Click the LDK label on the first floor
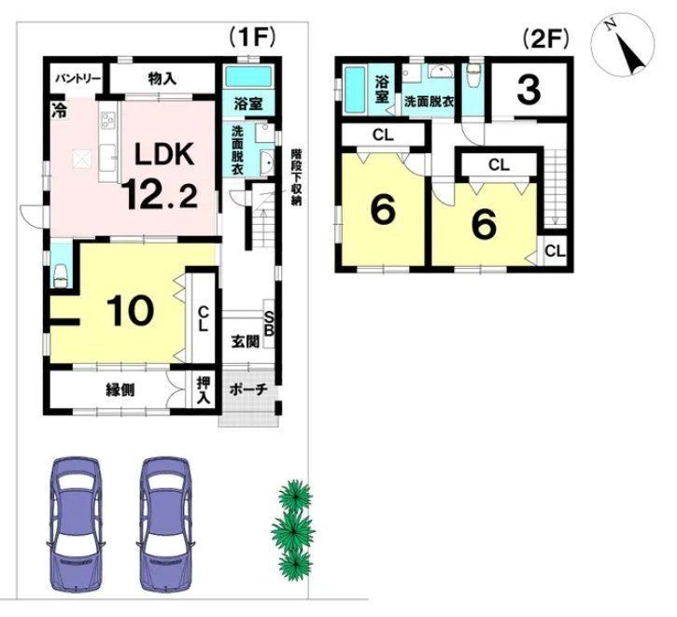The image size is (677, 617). [163, 154]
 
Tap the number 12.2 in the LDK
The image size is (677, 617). [160, 195]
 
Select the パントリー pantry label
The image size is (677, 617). [78, 78]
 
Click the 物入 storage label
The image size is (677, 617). [162, 78]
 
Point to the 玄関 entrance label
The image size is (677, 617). [246, 342]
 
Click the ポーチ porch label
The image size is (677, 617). [248, 389]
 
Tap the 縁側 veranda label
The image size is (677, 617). [120, 390]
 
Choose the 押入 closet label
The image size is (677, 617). [204, 389]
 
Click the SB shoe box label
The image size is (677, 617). [269, 324]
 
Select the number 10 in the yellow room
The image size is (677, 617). [130, 311]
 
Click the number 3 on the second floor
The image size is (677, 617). [529, 91]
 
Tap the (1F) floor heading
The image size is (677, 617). [252, 37]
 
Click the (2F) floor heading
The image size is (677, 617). [545, 39]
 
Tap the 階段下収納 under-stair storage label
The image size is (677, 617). [296, 177]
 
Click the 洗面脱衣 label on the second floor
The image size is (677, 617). [429, 103]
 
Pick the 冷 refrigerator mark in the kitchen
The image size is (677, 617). [59, 110]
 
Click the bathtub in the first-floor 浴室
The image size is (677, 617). [249, 76]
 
